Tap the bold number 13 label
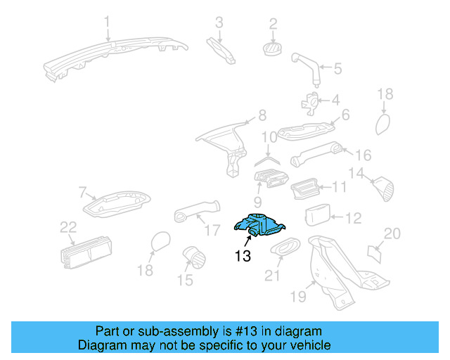tap(243, 257)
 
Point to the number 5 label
tap(338, 68)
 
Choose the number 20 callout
tap(392, 233)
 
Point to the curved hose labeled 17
tap(197, 211)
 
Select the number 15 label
tap(184, 281)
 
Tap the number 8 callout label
tap(262, 115)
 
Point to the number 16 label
tap(363, 155)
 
